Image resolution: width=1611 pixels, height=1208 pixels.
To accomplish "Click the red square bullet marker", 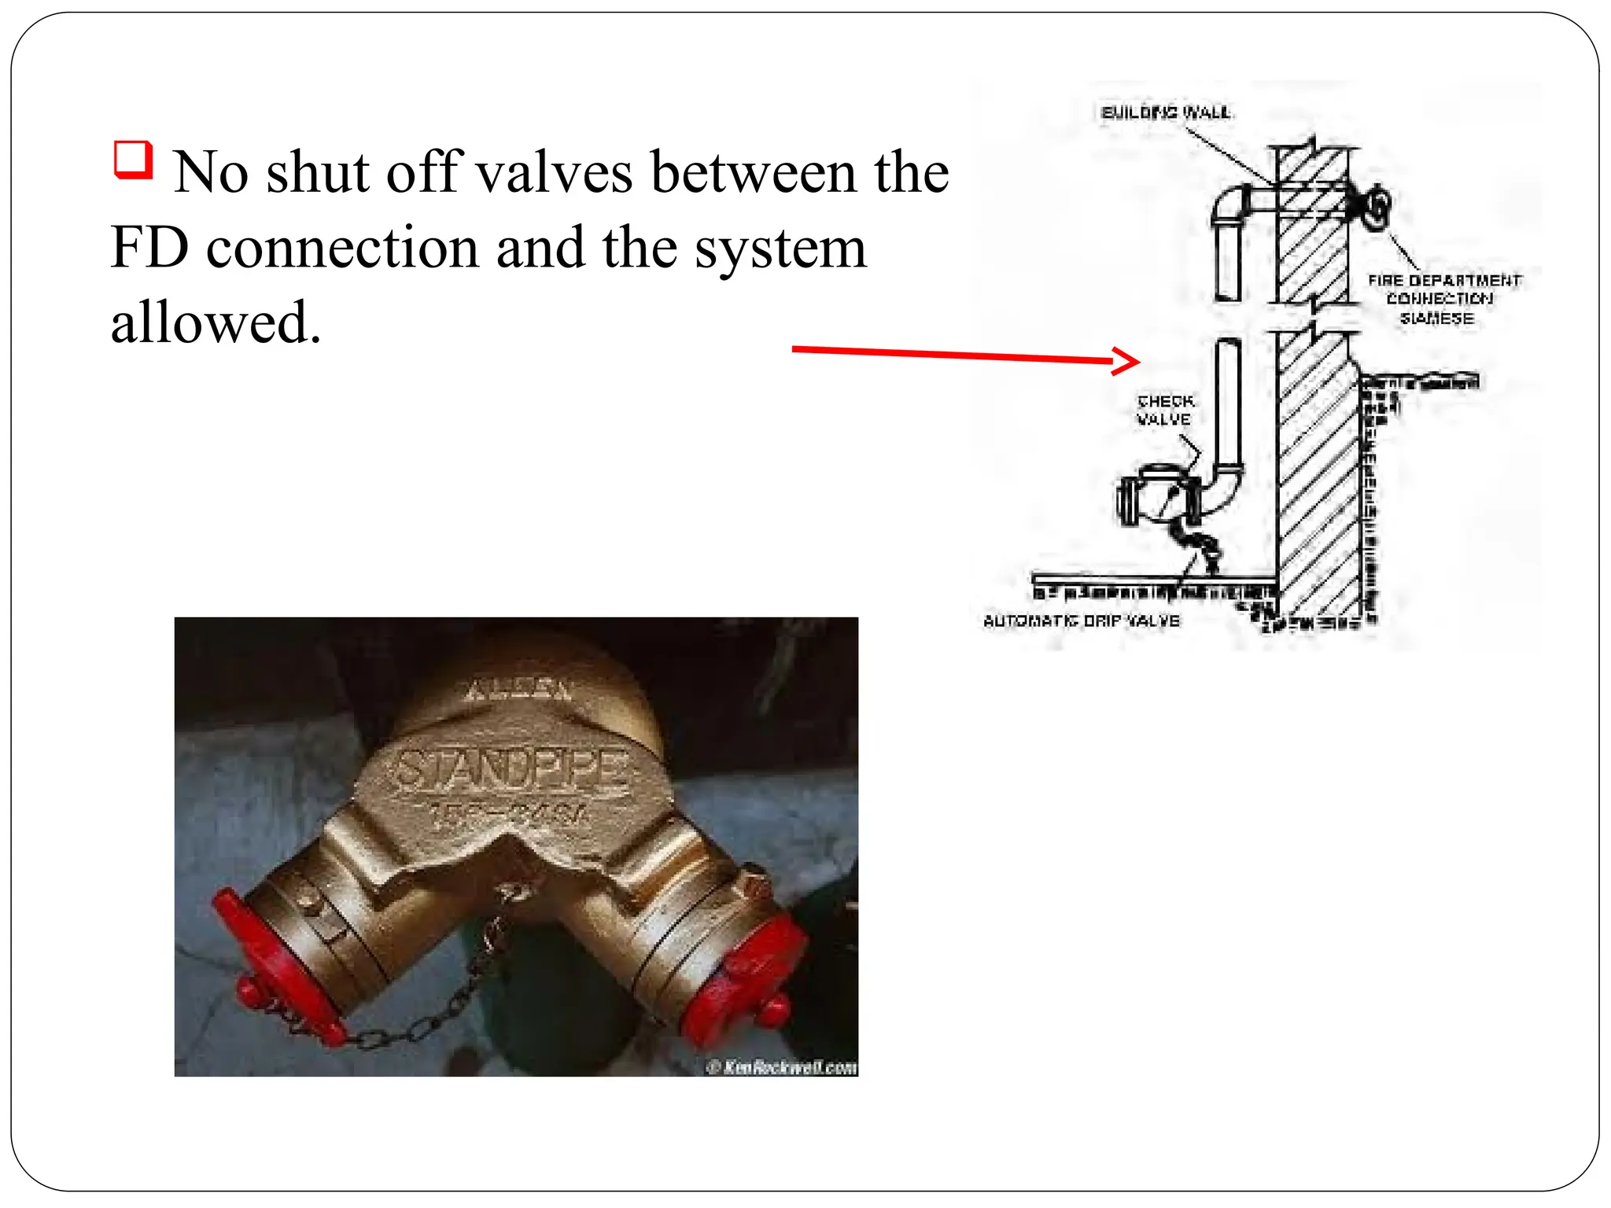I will pyautogui.click(x=133, y=160).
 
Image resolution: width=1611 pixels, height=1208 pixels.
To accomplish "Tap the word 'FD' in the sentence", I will pyautogui.click(x=149, y=249).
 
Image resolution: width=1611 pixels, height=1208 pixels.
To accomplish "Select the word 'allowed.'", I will pyautogui.click(x=216, y=323).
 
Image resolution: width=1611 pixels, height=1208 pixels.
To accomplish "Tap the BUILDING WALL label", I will pyautogui.click(x=1166, y=112).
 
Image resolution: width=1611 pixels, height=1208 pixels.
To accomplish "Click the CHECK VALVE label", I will pyautogui.click(x=1165, y=411).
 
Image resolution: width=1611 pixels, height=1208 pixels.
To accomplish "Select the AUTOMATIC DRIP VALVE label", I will pyautogui.click(x=1082, y=621).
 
